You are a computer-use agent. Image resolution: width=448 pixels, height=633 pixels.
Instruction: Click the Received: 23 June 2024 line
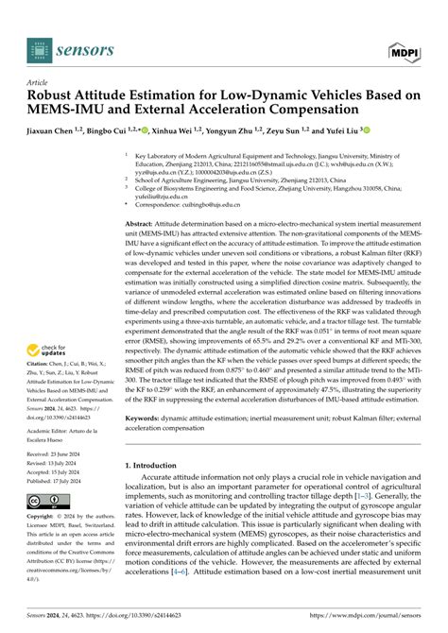point(59,454)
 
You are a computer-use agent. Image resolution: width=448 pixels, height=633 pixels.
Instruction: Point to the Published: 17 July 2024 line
point(59,480)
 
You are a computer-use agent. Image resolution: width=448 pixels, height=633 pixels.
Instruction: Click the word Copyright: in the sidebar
point(42,517)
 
